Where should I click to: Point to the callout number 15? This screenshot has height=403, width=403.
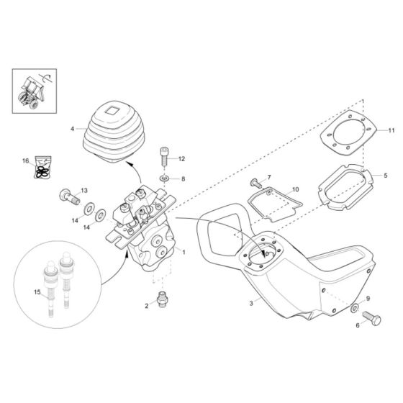click(38, 291)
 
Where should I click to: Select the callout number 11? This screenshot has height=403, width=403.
click(391, 130)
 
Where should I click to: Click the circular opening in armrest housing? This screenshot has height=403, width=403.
click(266, 253)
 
